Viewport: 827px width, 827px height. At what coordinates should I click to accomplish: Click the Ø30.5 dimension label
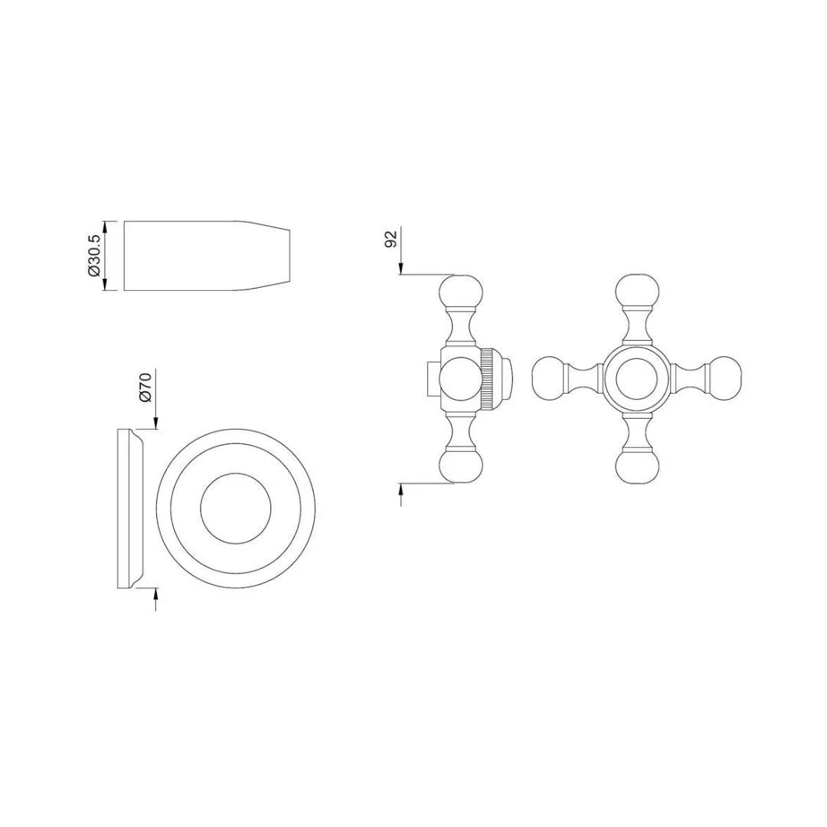[93, 256]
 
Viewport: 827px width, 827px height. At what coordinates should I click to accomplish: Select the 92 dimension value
[391, 238]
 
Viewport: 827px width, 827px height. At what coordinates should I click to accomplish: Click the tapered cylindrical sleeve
[207, 256]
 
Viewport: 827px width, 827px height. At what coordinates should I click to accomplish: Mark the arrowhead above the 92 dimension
[401, 269]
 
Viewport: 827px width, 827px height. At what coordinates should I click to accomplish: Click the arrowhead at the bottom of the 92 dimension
[401, 489]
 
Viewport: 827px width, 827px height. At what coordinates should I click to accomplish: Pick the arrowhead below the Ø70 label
[155, 424]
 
